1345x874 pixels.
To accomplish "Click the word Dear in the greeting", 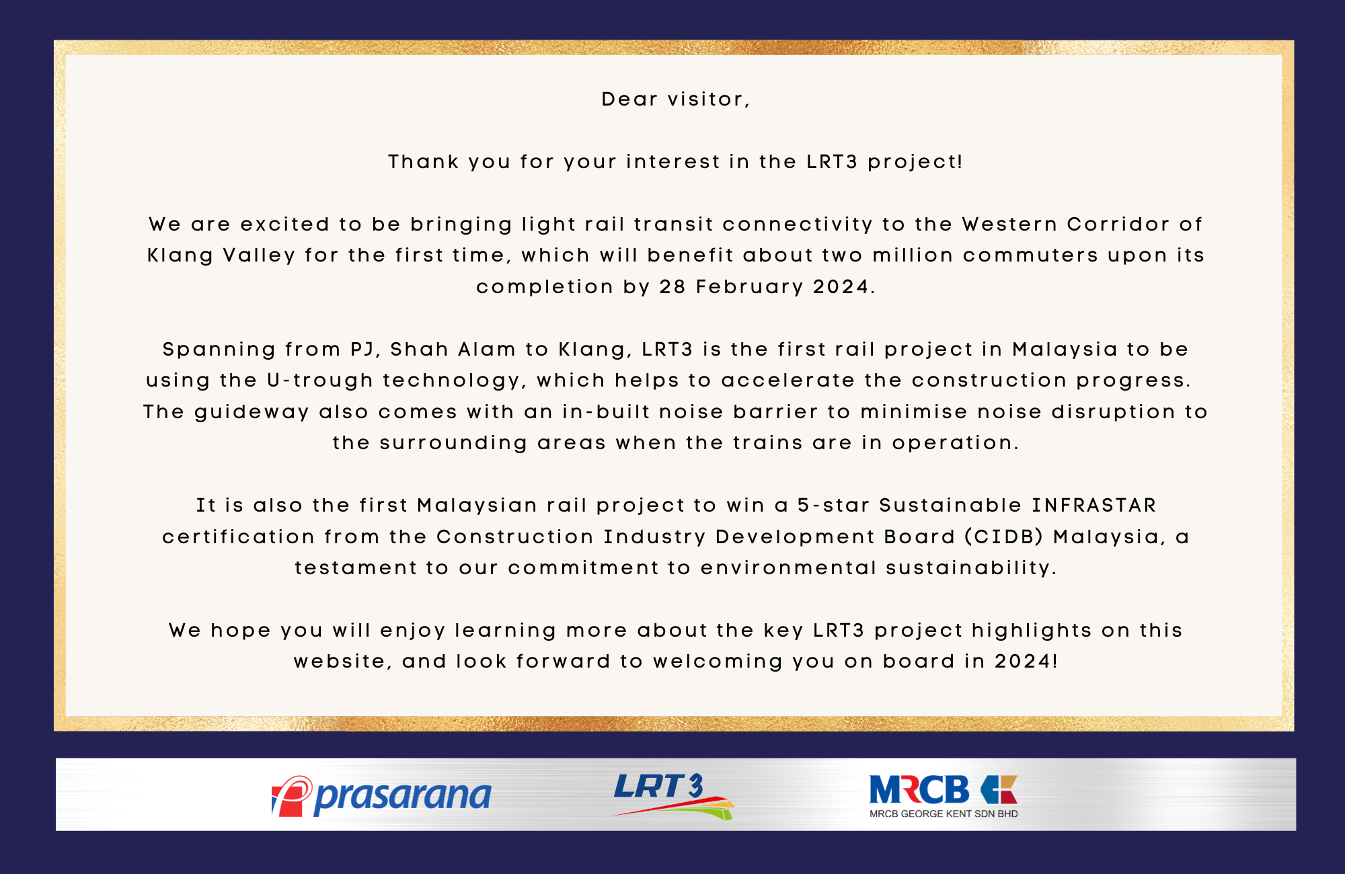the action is point(629,100).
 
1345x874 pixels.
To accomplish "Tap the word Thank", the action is point(423,162).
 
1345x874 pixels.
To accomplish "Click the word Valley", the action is point(259,256).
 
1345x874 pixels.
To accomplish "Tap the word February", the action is point(750,288).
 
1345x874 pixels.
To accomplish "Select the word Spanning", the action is point(219,350).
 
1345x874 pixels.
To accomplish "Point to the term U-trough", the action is point(320,381).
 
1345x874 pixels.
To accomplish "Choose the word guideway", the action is point(252,413).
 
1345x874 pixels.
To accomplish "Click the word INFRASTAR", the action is point(1094,506).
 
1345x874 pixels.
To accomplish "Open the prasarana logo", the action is point(381,797).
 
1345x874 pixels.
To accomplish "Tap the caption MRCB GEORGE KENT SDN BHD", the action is point(944,814).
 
